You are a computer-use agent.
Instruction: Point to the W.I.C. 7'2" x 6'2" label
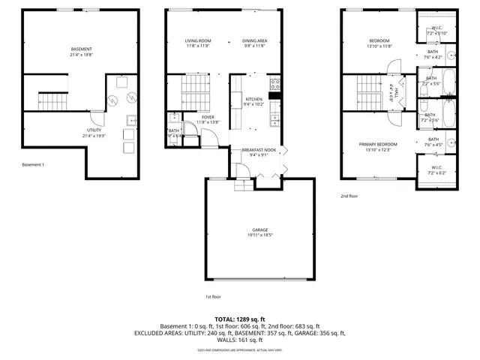[436, 170]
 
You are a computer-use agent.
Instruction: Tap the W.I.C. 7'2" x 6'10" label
[436, 31]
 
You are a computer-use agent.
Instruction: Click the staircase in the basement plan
[51, 98]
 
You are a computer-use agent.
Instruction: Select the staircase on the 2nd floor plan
[370, 91]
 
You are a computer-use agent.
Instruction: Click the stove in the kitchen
[274, 85]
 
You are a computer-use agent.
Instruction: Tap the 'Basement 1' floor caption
[34, 164]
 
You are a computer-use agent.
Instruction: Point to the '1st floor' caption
[213, 296]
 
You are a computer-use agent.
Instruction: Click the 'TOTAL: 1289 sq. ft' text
[239, 319]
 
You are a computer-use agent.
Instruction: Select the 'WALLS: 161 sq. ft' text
[239, 340]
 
